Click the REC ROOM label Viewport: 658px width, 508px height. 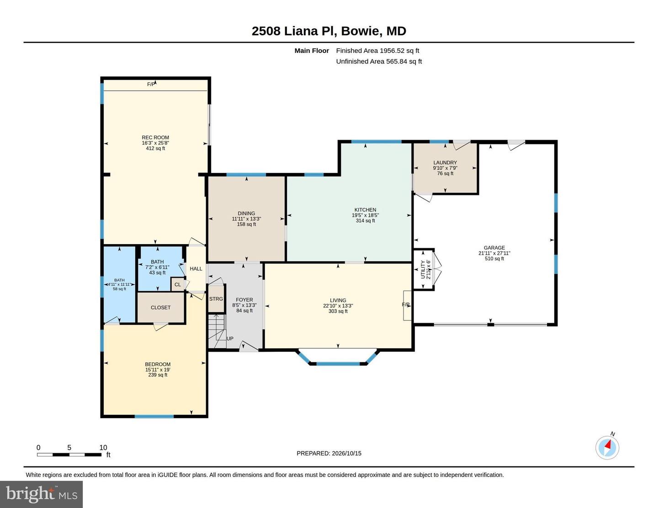click(155, 137)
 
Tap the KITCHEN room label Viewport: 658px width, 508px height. click(365, 210)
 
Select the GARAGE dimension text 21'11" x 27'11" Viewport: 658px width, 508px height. click(494, 253)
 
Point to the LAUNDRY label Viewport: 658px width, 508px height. click(445, 162)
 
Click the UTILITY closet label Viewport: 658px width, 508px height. click(423, 269)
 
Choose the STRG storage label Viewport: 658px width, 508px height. click(216, 299)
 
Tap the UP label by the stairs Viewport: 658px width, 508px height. click(230, 339)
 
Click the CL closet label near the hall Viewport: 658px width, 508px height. click(177, 284)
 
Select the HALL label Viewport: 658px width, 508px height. click(196, 269)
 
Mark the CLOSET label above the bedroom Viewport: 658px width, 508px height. click(160, 308)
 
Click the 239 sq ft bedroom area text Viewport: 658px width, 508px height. click(158, 375)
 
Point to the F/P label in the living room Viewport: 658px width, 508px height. click(406, 304)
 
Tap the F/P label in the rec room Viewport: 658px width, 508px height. click(151, 84)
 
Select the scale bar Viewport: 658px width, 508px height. click(69, 455)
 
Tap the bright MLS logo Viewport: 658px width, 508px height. click(41, 494)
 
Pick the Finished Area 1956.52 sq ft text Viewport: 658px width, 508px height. click(377, 51)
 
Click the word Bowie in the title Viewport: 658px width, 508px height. click(361, 31)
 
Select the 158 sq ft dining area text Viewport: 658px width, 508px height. click(246, 225)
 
